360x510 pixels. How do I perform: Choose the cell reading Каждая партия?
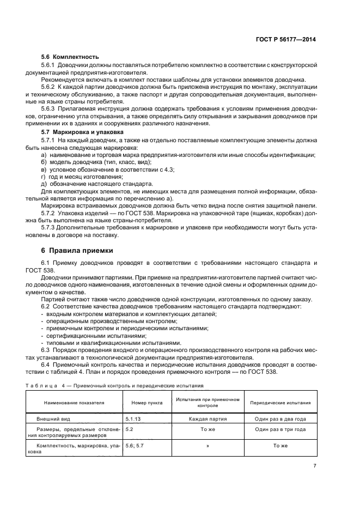pos(208,420)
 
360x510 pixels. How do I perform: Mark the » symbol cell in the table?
pos(208,446)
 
